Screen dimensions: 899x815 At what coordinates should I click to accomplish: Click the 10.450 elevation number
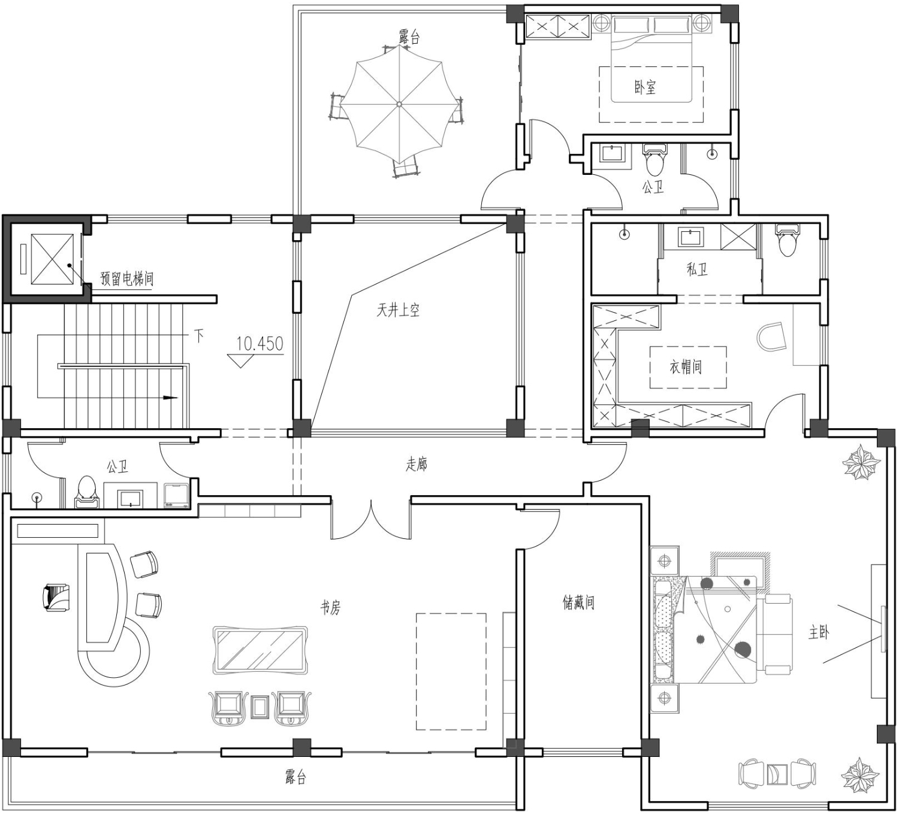(x=260, y=344)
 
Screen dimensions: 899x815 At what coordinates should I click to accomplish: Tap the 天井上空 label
(x=398, y=310)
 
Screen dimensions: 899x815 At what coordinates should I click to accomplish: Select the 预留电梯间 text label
(x=127, y=279)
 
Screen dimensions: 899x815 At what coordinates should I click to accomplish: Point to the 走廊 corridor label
(x=417, y=464)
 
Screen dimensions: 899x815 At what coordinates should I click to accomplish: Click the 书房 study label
(x=330, y=608)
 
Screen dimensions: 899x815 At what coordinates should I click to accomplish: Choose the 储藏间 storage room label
(x=578, y=602)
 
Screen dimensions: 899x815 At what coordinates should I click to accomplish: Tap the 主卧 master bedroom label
(x=819, y=632)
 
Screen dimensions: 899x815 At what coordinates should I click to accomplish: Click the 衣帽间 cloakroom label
(x=686, y=367)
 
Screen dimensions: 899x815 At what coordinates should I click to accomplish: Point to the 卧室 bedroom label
(x=645, y=87)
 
